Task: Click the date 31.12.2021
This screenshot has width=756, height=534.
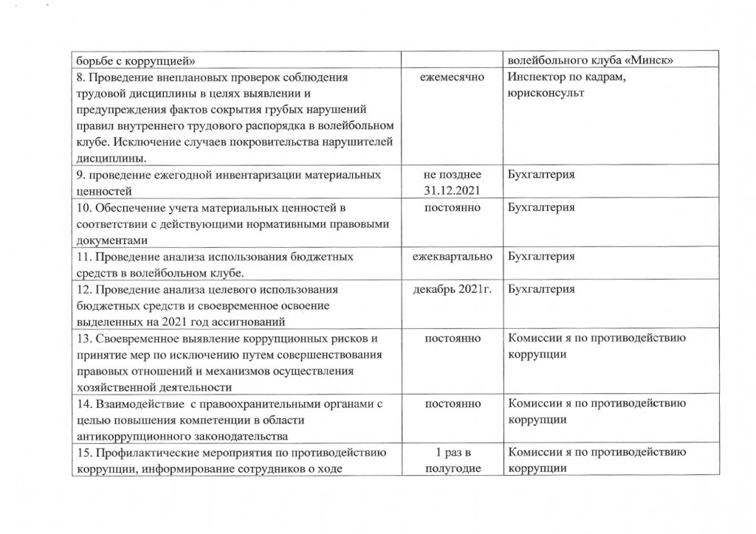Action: coord(451,192)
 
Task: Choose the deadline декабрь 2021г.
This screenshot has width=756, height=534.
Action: coord(451,288)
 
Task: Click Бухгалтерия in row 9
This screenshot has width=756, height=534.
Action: coord(542,175)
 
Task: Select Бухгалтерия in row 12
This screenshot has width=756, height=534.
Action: coord(542,288)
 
